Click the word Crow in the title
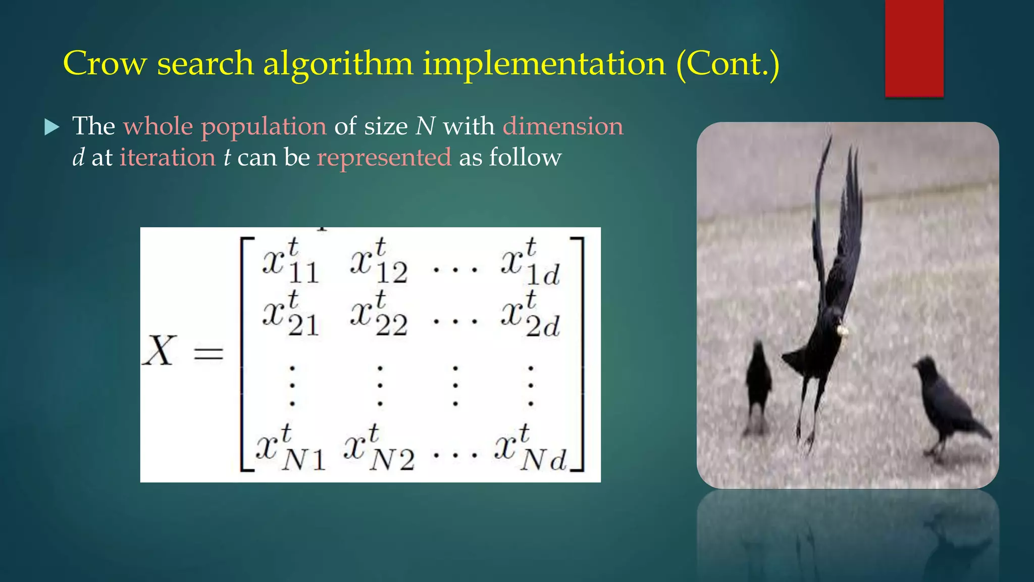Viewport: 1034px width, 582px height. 105,64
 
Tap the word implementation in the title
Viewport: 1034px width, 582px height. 544,65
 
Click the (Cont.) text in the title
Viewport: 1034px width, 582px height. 728,64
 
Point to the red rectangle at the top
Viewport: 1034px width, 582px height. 914,48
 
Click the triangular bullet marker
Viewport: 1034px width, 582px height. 51,127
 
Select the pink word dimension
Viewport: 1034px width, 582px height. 563,126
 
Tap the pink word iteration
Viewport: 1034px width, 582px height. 168,157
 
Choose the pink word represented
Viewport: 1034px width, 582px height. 384,158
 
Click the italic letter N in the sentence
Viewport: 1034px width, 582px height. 425,126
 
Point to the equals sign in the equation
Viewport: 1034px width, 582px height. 209,353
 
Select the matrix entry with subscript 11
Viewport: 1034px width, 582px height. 290,263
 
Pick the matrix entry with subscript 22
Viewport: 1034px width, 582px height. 379,316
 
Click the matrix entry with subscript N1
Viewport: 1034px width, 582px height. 290,450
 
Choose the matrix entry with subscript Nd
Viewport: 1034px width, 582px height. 530,450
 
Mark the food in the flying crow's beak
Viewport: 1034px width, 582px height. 842,331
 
